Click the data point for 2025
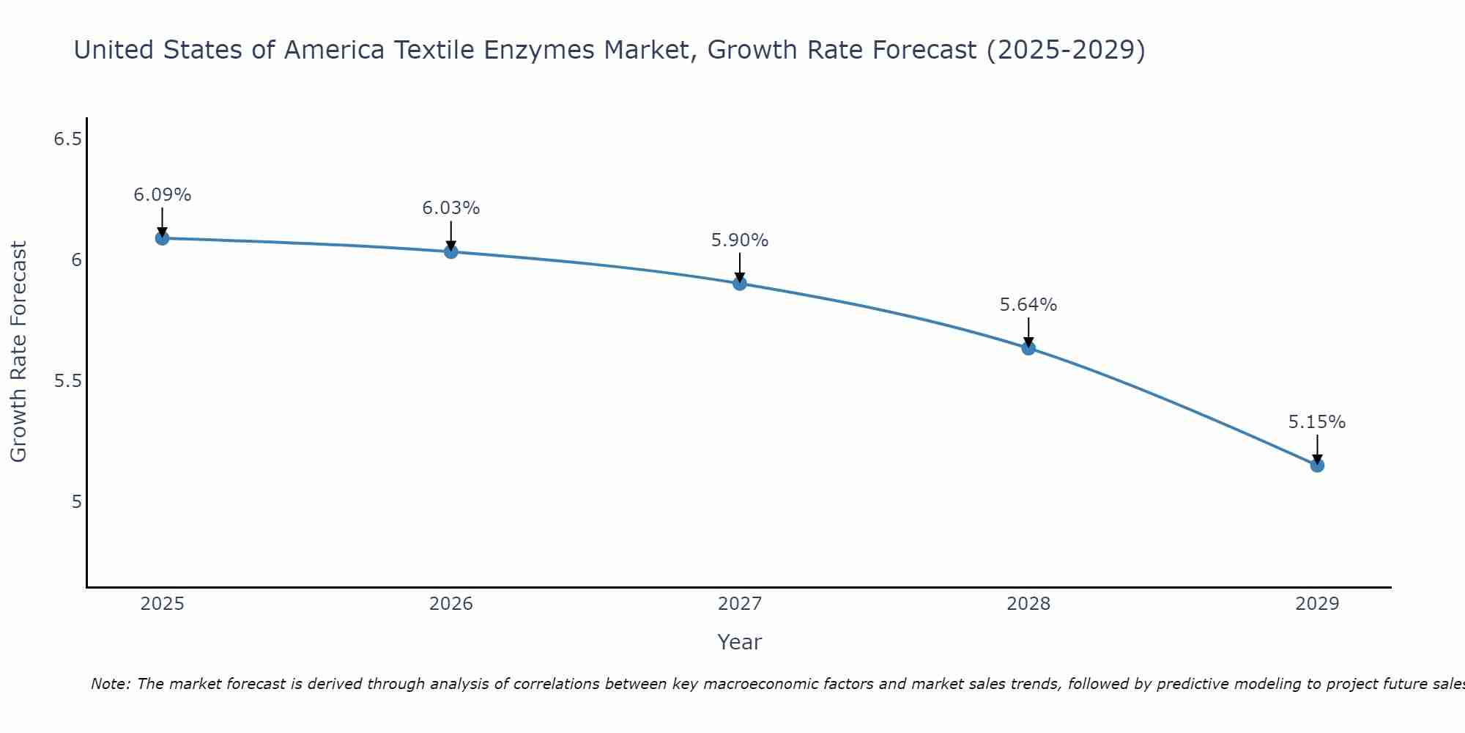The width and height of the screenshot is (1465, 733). click(x=163, y=238)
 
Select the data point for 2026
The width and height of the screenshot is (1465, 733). click(x=451, y=251)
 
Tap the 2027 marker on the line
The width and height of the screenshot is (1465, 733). click(x=740, y=283)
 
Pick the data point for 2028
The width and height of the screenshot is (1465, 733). click(x=1028, y=348)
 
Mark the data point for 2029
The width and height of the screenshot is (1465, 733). click(x=1317, y=465)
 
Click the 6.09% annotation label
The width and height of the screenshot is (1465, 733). click(x=163, y=195)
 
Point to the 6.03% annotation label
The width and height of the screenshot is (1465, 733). click(x=451, y=208)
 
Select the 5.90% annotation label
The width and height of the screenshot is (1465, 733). click(x=740, y=240)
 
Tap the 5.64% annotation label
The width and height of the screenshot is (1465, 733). click(x=1028, y=305)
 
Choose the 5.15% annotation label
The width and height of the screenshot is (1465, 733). click(x=1317, y=422)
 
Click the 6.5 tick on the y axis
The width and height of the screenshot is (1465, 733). click(x=67, y=139)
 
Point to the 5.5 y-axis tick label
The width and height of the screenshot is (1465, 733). click(x=67, y=380)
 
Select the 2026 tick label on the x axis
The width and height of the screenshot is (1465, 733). click(x=451, y=604)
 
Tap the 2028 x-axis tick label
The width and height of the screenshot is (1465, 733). click(x=1028, y=604)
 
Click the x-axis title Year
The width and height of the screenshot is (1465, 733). click(x=740, y=642)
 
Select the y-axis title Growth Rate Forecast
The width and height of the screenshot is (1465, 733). click(x=19, y=352)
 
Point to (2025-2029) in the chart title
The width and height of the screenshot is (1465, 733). click(x=1066, y=51)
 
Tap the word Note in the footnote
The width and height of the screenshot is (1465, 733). click(x=111, y=684)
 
